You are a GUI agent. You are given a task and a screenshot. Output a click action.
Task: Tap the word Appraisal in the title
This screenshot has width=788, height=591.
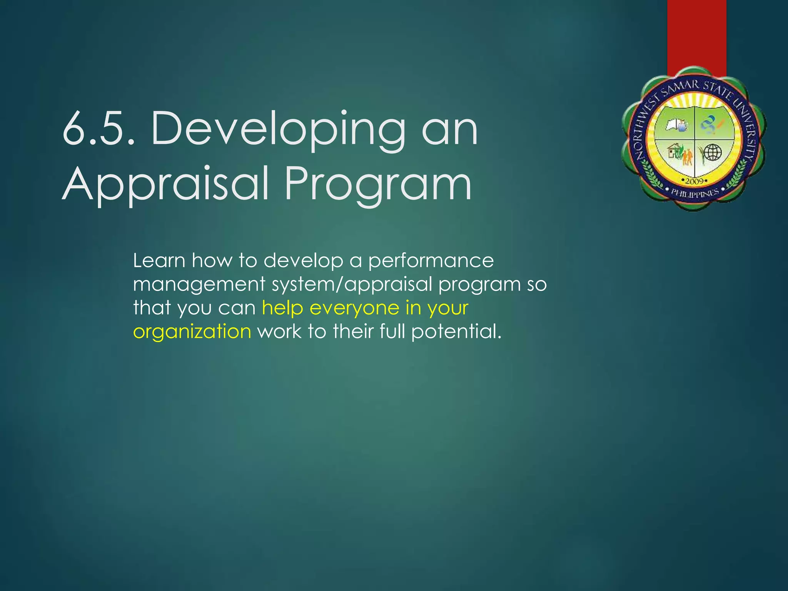[165, 185]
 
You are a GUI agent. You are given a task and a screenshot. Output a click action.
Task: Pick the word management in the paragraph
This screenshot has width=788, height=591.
[199, 285]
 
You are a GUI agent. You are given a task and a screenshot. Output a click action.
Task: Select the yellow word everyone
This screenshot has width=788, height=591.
[354, 308]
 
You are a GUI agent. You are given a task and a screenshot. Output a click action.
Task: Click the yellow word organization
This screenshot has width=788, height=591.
[192, 332]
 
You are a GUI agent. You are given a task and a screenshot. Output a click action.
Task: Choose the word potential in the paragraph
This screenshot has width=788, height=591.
[456, 332]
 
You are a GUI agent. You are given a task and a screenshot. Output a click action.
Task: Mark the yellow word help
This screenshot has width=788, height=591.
[282, 308]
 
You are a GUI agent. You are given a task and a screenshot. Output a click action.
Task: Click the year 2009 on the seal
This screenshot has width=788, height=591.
[695, 181]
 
